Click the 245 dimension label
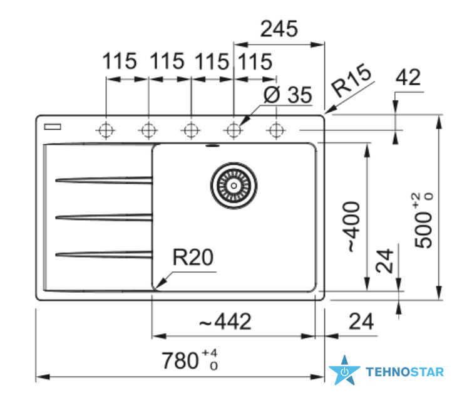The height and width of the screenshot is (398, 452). (x=279, y=29)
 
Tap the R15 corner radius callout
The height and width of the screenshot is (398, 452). (x=351, y=80)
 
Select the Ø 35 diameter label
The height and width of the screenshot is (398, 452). (x=288, y=95)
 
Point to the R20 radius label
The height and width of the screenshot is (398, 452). (x=193, y=257)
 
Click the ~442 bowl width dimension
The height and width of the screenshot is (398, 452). (x=225, y=322)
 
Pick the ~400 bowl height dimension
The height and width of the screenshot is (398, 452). (x=351, y=227)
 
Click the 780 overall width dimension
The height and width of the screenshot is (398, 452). (x=190, y=360)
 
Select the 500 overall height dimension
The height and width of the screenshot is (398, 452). (x=423, y=220)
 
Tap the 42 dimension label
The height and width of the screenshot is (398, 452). (x=408, y=77)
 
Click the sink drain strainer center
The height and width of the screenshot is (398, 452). (x=234, y=186)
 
